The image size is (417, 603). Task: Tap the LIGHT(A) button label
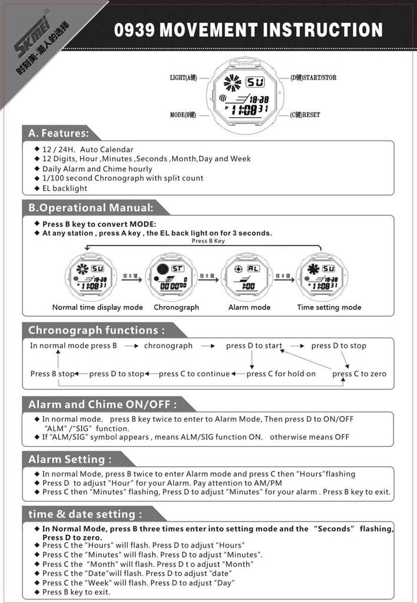click(183, 78)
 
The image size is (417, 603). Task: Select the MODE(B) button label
click(183, 115)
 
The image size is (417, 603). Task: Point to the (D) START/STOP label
click(313, 78)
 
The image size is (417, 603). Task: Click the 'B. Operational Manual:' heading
click(91, 207)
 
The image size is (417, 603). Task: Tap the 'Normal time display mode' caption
click(97, 307)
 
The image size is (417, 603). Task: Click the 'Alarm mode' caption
click(249, 307)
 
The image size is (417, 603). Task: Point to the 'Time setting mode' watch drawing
click(322, 277)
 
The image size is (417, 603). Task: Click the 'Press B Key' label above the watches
click(208, 241)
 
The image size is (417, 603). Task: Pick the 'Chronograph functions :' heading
click(95, 330)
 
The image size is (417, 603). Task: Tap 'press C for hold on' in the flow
click(281, 373)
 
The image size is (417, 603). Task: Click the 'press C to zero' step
click(359, 373)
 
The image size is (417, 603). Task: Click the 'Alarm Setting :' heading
click(69, 459)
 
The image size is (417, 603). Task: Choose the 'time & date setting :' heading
click(85, 513)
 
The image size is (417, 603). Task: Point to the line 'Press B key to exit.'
click(76, 592)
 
